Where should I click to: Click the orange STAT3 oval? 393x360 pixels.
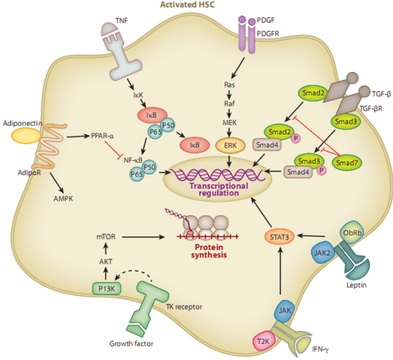click(279, 236)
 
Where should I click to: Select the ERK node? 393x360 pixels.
click(230, 145)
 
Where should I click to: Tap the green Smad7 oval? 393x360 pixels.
click(347, 163)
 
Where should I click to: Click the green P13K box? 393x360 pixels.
click(107, 289)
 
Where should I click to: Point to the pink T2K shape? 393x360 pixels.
click(263, 341)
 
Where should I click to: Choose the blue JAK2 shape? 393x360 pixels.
click(322, 253)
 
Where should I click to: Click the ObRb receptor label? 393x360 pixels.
click(352, 233)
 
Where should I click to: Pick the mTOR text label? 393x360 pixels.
click(106, 236)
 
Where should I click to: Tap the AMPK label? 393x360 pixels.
click(63, 199)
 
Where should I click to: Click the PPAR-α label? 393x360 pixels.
click(102, 136)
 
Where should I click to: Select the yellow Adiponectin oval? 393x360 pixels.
click(26, 136)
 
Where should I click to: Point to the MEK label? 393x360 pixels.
click(230, 122)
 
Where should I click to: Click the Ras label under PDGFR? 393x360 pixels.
click(229, 85)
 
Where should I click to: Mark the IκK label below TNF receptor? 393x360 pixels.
click(138, 95)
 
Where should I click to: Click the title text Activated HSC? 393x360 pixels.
click(187, 5)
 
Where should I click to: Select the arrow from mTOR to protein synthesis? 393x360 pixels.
click(144, 236)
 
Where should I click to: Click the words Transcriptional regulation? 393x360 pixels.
click(219, 189)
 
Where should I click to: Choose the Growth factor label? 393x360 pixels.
click(131, 343)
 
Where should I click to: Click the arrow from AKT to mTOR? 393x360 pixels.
click(105, 250)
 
